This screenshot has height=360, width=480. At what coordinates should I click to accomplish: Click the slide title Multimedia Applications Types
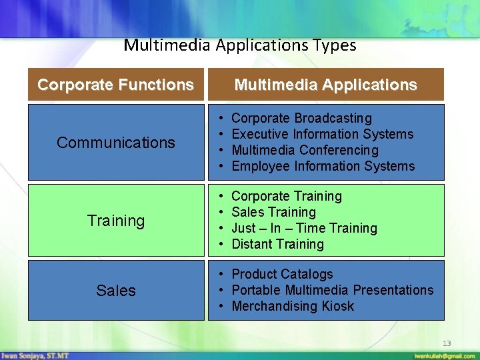[x=240, y=45]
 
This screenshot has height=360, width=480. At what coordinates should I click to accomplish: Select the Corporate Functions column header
[x=115, y=85]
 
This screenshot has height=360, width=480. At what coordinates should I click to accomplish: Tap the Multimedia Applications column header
[x=325, y=85]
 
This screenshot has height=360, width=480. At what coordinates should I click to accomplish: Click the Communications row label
[x=116, y=142]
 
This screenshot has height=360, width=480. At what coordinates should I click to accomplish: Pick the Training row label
[x=116, y=220]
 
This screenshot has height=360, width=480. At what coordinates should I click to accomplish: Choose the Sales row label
[x=116, y=291]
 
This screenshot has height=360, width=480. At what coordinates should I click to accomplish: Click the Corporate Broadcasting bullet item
[x=301, y=119]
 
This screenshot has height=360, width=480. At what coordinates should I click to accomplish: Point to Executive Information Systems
[x=322, y=135]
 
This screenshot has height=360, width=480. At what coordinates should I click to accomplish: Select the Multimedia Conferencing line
[x=305, y=151]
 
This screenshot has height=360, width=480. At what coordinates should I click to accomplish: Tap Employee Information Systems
[x=323, y=167]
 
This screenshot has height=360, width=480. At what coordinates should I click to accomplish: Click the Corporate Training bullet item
[x=286, y=197]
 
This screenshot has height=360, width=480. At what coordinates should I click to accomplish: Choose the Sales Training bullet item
[x=273, y=213]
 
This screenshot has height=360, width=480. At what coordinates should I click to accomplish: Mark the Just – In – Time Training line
[x=304, y=229]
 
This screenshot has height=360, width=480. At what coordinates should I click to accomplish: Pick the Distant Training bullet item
[x=277, y=245]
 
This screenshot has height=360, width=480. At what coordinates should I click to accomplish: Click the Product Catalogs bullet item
[x=282, y=275]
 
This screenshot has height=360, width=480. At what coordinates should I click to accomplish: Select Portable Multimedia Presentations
[x=332, y=291]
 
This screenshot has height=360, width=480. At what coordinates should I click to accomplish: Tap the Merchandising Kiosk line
[x=293, y=307]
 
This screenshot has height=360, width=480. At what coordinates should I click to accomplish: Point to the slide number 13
[x=447, y=343]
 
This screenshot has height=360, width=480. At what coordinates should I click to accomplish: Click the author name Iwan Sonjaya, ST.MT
[x=35, y=355]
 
